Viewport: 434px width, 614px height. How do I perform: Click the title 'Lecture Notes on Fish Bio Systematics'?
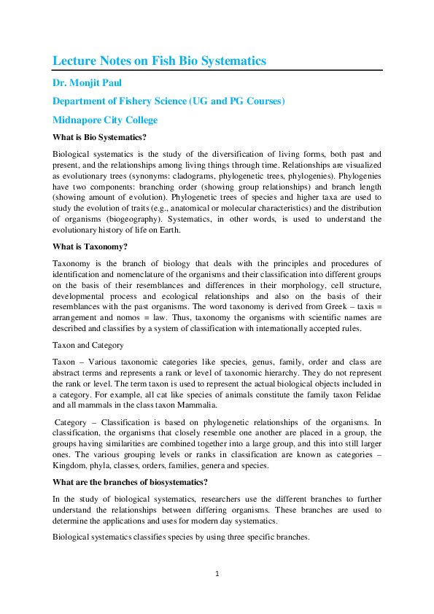pyautogui.click(x=159, y=61)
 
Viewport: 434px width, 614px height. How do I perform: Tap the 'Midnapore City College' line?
pyautogui.click(x=105, y=120)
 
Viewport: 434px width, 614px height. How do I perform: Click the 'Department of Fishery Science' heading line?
pyautogui.click(x=168, y=101)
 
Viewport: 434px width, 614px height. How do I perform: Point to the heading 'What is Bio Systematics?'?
pyautogui.click(x=100, y=137)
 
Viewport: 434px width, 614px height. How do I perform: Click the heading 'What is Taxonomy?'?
pyautogui.click(x=90, y=246)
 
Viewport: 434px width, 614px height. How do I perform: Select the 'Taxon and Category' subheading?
pyautogui.click(x=89, y=346)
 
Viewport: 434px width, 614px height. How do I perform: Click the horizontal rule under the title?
pyautogui.click(x=217, y=70)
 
